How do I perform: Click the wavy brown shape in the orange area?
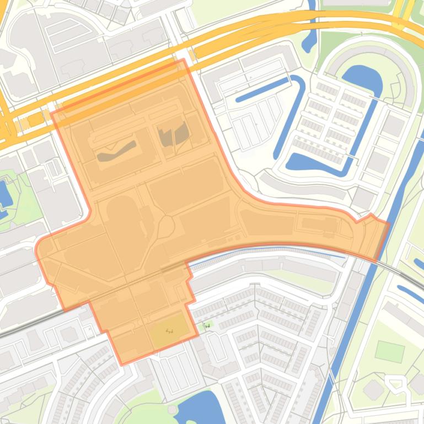(116, 151)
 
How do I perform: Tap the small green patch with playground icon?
(207, 326)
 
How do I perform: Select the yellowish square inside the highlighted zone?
(169, 331)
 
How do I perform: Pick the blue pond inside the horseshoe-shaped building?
(363, 80)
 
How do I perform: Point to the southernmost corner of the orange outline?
(122, 364)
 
